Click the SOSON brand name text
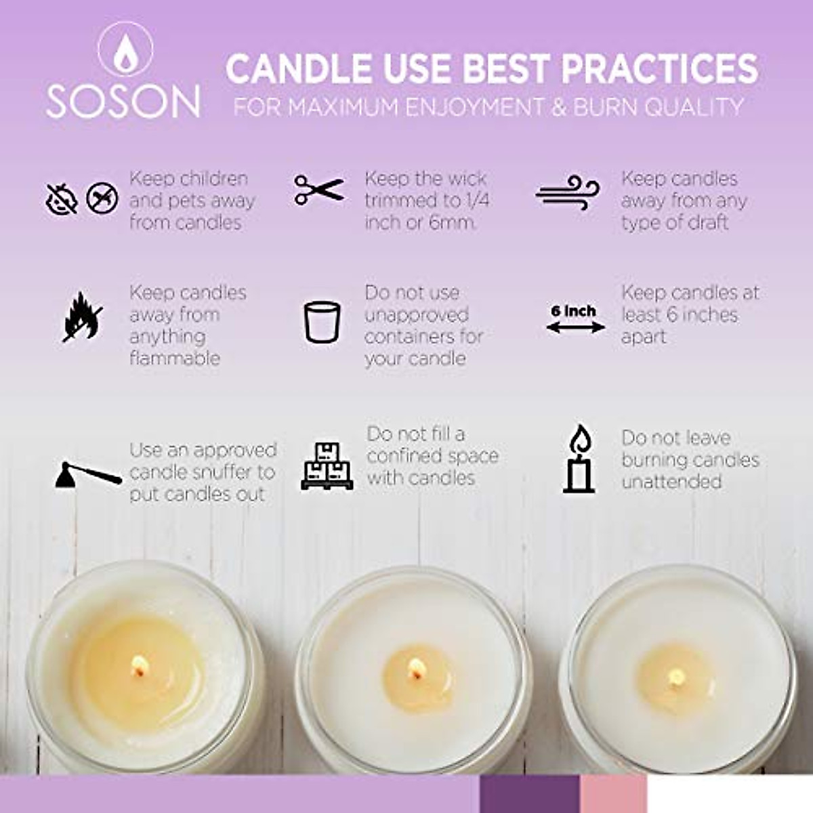123,101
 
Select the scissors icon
319,190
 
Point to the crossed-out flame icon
82,316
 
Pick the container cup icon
321,322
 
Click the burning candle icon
579,459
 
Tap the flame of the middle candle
414,670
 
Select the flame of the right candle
675,676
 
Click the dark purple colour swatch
529,794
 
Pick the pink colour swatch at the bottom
613,794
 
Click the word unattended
671,482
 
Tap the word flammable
175,358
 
